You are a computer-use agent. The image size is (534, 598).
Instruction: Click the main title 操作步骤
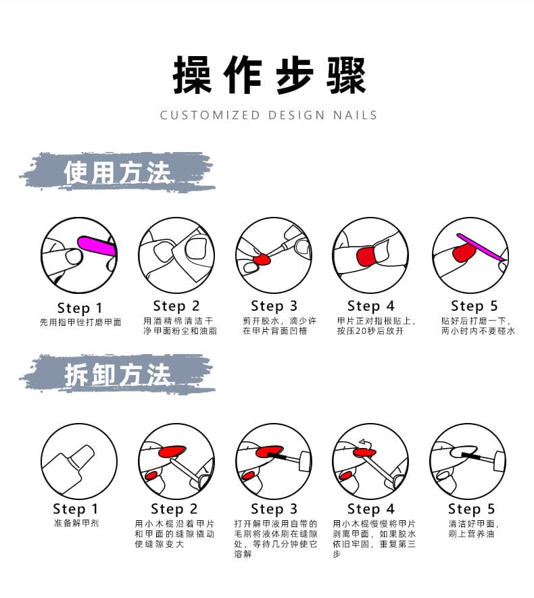click(x=269, y=75)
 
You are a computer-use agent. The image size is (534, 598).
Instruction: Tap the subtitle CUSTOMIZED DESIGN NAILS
click(x=268, y=115)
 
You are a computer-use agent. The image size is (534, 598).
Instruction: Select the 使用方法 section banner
click(x=118, y=172)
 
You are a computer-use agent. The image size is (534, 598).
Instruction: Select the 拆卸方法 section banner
click(x=118, y=375)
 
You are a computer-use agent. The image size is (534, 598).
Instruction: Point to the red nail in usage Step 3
click(x=262, y=260)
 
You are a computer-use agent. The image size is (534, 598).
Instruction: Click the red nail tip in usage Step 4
click(x=366, y=256)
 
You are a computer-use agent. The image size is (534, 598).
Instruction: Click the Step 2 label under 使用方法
click(x=176, y=306)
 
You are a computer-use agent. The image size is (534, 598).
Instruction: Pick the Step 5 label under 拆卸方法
click(x=471, y=509)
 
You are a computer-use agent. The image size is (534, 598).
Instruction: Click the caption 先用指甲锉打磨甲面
click(x=80, y=322)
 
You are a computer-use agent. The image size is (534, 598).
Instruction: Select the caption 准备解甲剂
click(x=76, y=523)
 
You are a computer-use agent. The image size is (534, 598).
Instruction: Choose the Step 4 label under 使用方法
click(x=370, y=306)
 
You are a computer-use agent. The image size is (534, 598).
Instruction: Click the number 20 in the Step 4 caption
click(x=361, y=331)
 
